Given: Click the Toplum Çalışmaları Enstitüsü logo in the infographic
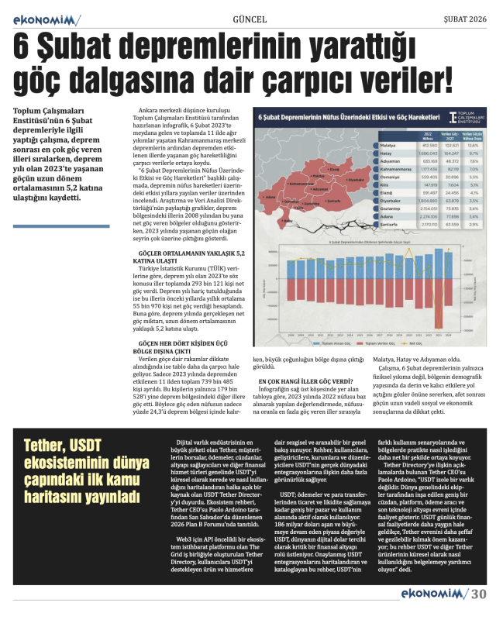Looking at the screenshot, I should (x=463, y=119).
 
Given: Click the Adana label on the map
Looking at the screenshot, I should (x=270, y=197).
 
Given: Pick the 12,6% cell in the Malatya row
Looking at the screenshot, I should (x=472, y=145).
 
